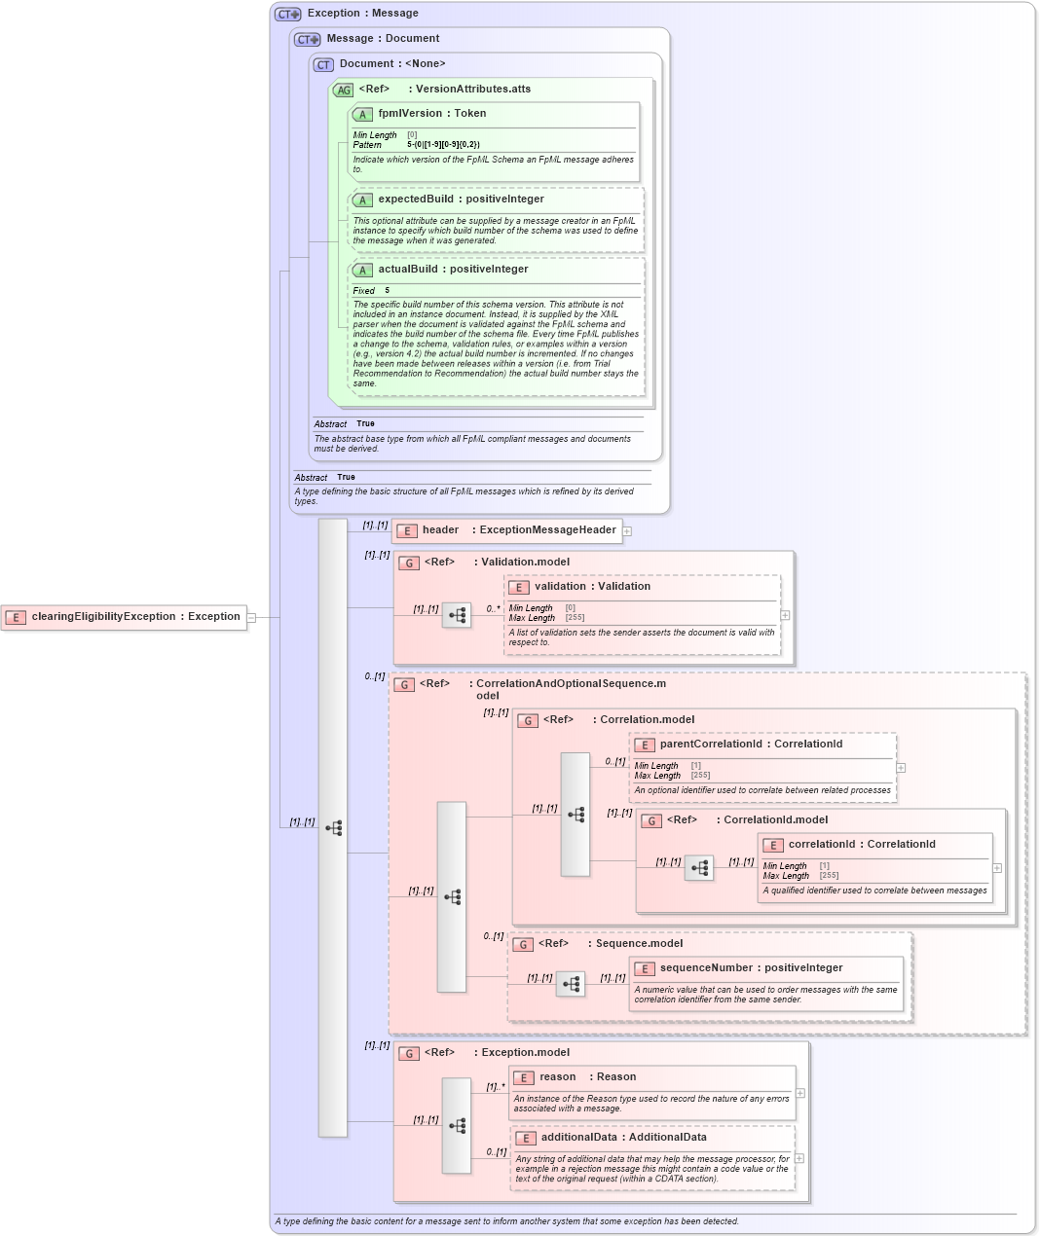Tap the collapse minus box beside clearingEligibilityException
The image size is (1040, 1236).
[251, 617]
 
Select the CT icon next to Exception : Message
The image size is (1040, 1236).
[288, 14]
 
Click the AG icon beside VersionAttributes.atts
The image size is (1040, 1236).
[343, 90]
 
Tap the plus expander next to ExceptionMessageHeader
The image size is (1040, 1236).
[627, 531]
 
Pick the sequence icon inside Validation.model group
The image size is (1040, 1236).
[457, 615]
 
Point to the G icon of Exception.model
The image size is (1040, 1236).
[410, 1053]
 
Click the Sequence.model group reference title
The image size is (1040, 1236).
[639, 944]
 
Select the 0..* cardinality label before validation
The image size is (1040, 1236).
[493, 609]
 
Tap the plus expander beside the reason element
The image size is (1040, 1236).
[800, 1093]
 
